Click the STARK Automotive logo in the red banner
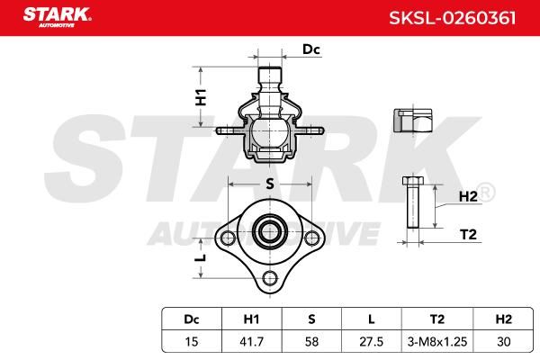point(58,17)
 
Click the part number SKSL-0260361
point(453,18)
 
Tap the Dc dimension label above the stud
point(311,49)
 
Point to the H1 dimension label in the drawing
point(201,97)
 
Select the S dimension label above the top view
point(270,184)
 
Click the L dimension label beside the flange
point(201,257)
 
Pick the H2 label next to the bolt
point(468,197)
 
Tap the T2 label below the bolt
point(468,235)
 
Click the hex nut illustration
point(412,121)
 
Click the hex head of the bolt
point(413,181)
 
